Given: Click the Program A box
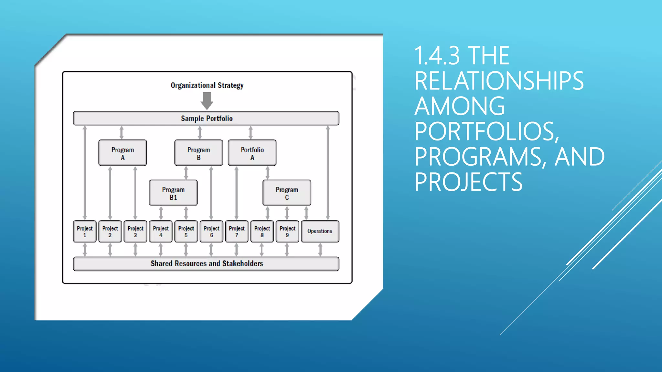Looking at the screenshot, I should point(123,153).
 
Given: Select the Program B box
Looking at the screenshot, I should point(198,153).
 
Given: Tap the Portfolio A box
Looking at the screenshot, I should point(252,153).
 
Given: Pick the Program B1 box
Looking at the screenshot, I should point(173,193).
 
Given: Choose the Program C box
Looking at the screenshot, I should point(287,193).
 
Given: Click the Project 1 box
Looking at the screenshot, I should point(85,231).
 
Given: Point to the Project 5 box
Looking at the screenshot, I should point(186,231).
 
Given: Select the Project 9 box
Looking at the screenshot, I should point(287,231).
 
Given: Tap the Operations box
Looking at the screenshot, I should point(320,231).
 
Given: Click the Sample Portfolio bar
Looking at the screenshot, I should point(206,119).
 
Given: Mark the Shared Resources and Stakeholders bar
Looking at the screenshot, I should point(206,264).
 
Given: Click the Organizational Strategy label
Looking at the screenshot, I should point(207,85).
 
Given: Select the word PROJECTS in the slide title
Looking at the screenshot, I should point(468,182).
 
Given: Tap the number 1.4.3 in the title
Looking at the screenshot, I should point(436,56).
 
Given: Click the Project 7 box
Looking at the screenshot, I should point(237,231).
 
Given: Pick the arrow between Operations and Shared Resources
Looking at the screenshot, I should point(320,250).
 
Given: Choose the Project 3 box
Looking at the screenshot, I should point(135,231).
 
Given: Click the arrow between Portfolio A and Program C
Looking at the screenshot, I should point(267,173).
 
